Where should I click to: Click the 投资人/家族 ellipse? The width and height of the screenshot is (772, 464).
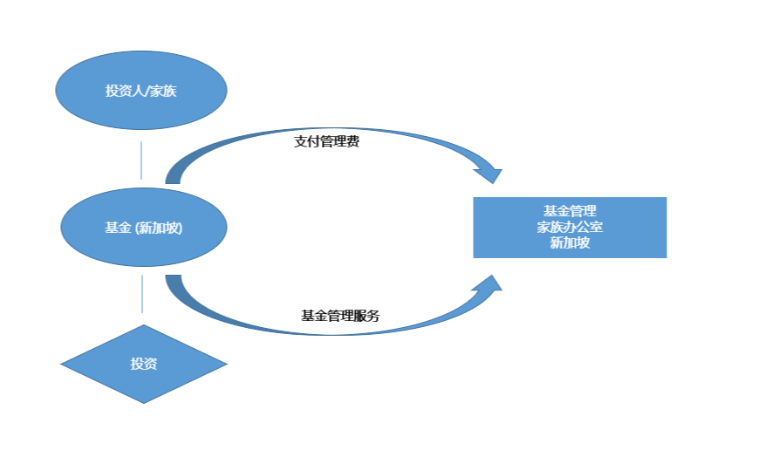point(140,90)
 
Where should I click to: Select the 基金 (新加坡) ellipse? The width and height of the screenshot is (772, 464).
point(144,228)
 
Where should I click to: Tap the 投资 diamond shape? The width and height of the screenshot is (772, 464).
point(144,364)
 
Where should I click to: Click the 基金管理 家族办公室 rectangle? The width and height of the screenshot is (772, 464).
point(570,228)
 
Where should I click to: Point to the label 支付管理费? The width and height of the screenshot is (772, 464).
point(326,141)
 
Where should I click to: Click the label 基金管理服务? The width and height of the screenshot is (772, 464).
point(340,316)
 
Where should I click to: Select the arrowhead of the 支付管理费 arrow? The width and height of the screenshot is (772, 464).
point(488,171)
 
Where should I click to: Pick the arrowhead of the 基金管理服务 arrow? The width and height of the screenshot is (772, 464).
point(488,286)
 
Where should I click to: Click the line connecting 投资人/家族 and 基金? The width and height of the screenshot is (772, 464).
point(141,160)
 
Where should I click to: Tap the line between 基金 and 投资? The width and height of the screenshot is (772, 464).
point(141,295)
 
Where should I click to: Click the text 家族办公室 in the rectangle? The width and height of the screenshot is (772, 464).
point(570,228)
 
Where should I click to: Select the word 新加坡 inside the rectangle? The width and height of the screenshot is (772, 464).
point(570,243)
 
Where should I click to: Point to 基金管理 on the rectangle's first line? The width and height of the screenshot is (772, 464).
point(570,211)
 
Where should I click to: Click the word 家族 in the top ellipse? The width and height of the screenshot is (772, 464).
point(164,91)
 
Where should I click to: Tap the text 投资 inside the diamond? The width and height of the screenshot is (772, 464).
point(144,364)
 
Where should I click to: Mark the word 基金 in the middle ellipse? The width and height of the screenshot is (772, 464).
point(118,228)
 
